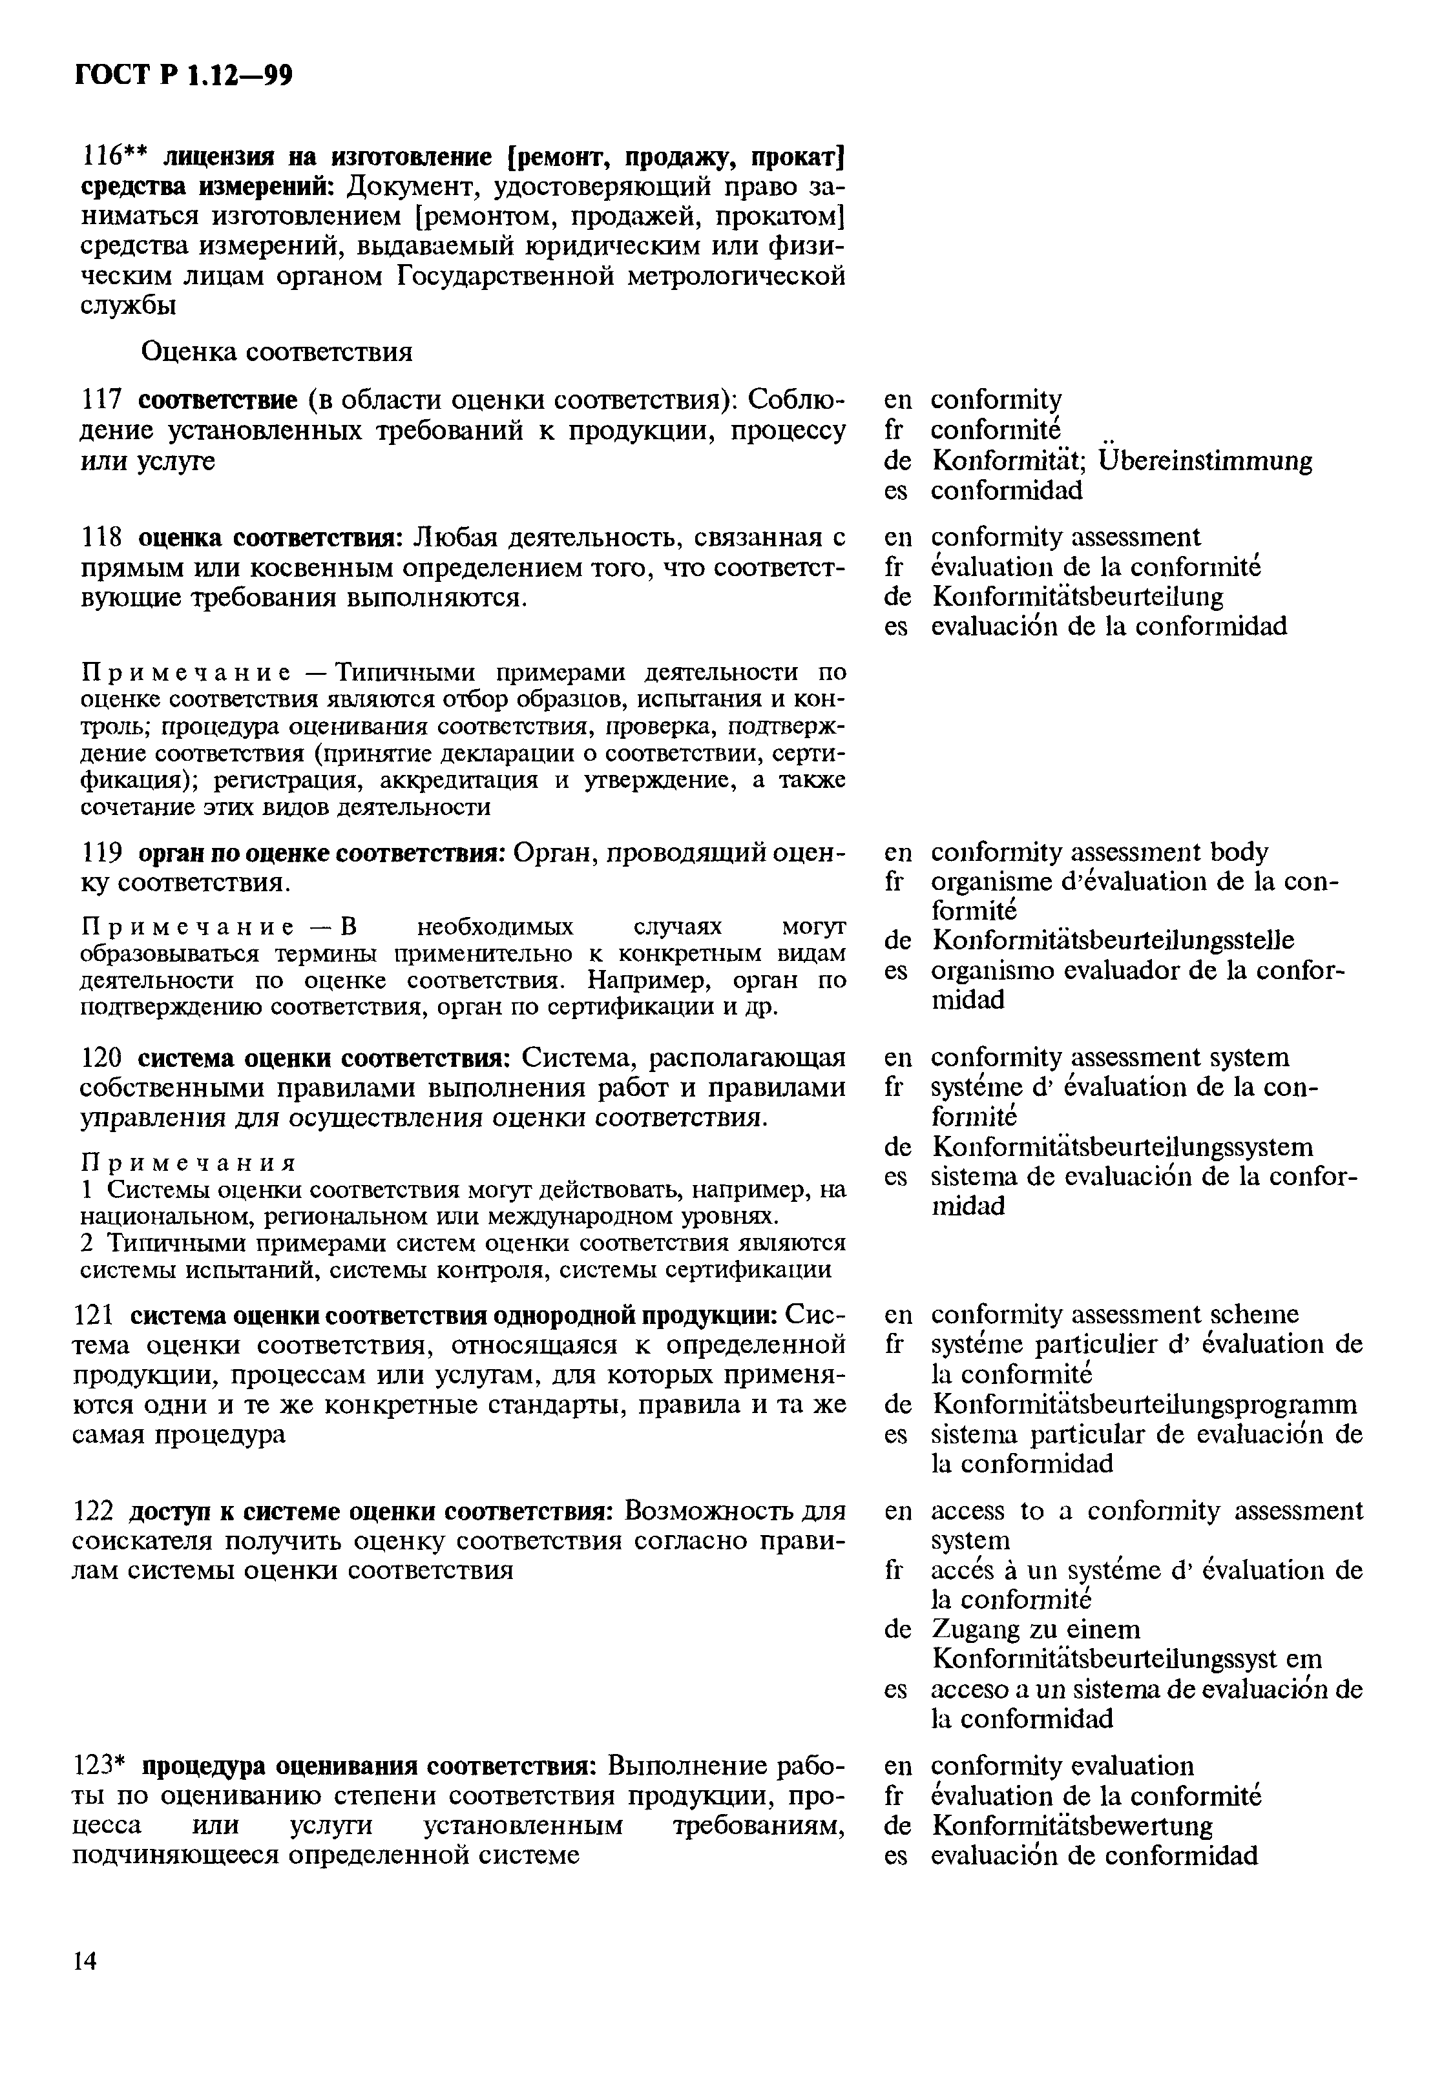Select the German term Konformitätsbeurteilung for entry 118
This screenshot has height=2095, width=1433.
pyautogui.click(x=1077, y=597)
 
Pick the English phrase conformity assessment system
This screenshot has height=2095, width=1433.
pyautogui.click(x=1110, y=1057)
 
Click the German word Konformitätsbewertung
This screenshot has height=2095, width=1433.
pyautogui.click(x=1071, y=1826)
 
